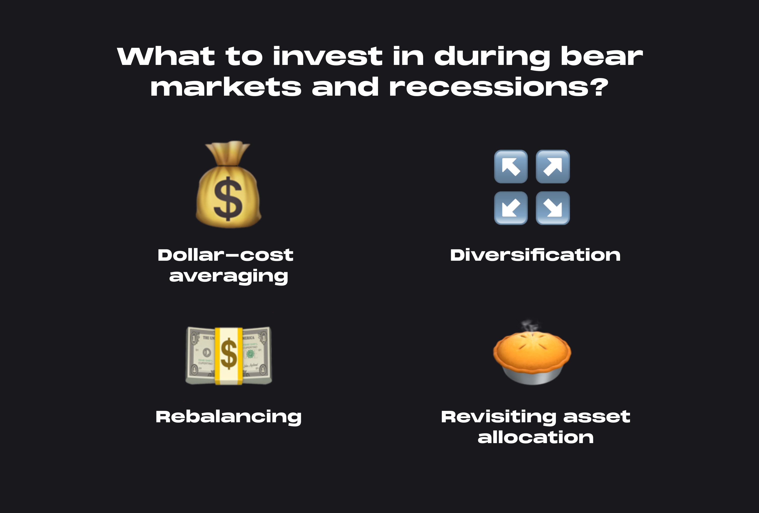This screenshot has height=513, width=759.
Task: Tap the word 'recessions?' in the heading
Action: tap(499, 87)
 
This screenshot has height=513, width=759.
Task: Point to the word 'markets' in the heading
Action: tap(226, 87)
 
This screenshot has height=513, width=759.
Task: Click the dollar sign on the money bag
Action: tap(228, 199)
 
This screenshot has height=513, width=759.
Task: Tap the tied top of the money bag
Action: tap(228, 153)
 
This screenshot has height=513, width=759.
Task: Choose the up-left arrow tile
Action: tap(511, 167)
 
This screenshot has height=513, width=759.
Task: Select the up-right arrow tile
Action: tap(553, 167)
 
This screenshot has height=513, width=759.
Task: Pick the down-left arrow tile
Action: tap(511, 208)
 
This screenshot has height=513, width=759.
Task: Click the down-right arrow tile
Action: tap(553, 208)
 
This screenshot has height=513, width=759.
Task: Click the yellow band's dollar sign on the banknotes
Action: tap(229, 354)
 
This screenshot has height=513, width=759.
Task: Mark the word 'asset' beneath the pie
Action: tap(597, 417)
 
